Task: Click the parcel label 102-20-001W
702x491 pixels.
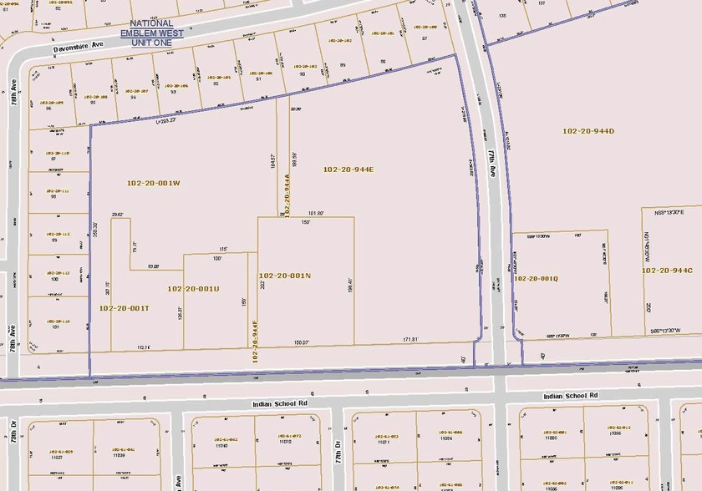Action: (x=153, y=183)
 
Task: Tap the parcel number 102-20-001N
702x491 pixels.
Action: (x=284, y=275)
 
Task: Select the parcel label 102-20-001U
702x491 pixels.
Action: (x=193, y=289)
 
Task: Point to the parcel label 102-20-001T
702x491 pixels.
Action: (x=124, y=308)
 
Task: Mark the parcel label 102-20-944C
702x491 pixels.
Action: (x=672, y=271)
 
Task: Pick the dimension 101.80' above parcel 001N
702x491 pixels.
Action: (x=316, y=213)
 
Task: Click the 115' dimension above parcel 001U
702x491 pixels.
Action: (x=223, y=249)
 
